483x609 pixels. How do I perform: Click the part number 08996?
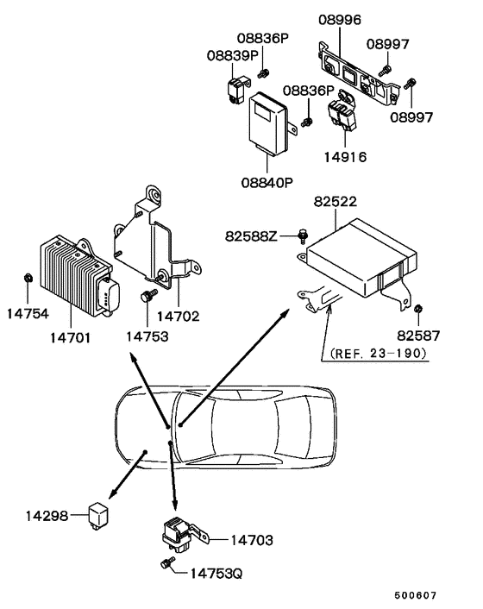point(340,18)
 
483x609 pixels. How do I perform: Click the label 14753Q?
point(218,571)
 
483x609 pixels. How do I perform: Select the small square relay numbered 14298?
point(97,512)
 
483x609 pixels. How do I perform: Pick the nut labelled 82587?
point(417,309)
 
